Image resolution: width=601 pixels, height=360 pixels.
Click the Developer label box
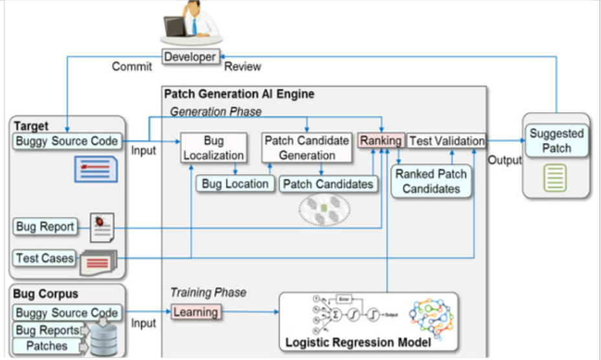[x=190, y=57]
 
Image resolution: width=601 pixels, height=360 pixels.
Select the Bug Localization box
[x=214, y=148]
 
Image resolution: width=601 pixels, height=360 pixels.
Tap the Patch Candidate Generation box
[x=307, y=148]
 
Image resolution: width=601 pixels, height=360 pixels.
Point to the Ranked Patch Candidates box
[x=431, y=181]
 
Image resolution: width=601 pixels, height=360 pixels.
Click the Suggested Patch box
[x=556, y=141]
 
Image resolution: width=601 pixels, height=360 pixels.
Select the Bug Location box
[x=234, y=184]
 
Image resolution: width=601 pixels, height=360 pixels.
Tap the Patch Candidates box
[x=328, y=184]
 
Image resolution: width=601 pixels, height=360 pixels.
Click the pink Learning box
[x=196, y=312]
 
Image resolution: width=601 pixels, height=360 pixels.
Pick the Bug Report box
[x=45, y=227]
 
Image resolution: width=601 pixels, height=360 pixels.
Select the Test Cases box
[x=45, y=258]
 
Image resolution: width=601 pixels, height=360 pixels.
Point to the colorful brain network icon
[x=432, y=317]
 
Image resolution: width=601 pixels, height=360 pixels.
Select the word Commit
[x=132, y=66]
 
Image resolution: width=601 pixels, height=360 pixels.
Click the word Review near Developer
[x=242, y=66]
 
